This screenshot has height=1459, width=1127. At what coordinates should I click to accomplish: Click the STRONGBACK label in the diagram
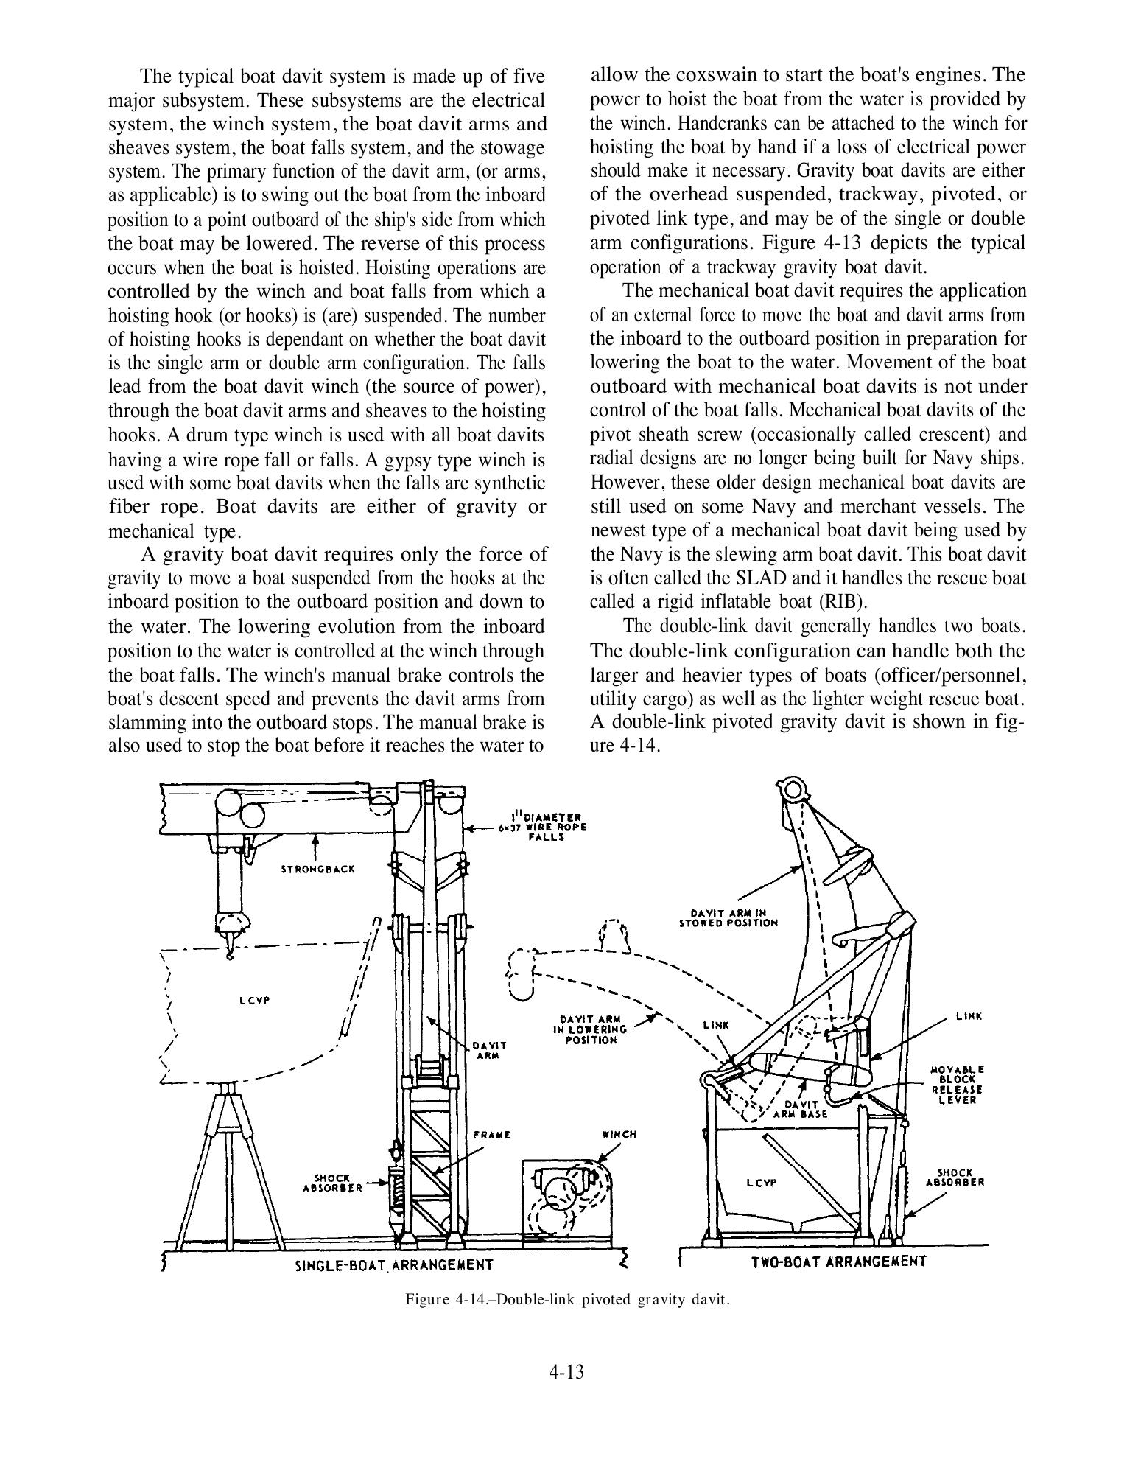318,869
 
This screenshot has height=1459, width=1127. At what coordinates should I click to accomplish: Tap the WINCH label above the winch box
619,1134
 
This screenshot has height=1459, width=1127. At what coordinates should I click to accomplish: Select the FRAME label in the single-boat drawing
492,1134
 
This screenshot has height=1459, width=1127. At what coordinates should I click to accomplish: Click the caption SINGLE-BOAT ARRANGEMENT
393,1265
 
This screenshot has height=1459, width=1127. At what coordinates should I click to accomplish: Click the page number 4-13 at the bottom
566,1372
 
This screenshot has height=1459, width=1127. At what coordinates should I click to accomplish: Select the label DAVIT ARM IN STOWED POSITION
728,917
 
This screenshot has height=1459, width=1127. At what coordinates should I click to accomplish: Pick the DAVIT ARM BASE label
801,1109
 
